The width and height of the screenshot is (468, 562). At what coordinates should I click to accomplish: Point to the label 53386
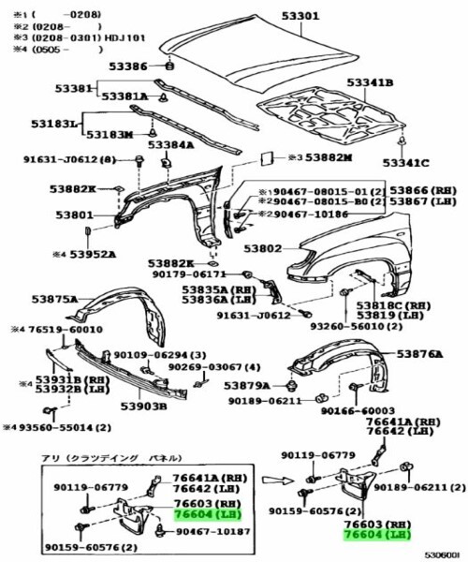126,67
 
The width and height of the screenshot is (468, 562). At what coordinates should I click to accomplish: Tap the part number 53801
74,214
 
